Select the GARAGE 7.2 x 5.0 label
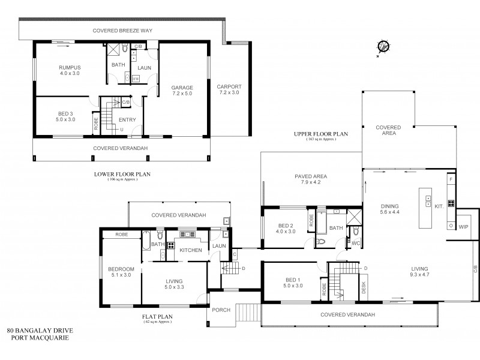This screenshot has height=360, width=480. pos(182,90)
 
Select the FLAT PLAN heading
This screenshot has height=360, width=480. pos(158,317)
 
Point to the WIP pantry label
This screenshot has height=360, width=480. pos(463,227)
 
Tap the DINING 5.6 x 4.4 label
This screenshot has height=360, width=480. pos(390,208)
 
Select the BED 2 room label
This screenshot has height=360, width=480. pos(286,228)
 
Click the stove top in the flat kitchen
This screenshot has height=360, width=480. pos(170,244)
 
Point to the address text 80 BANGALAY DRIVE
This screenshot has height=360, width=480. pos(40,331)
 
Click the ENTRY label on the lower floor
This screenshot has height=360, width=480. pos(127,120)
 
